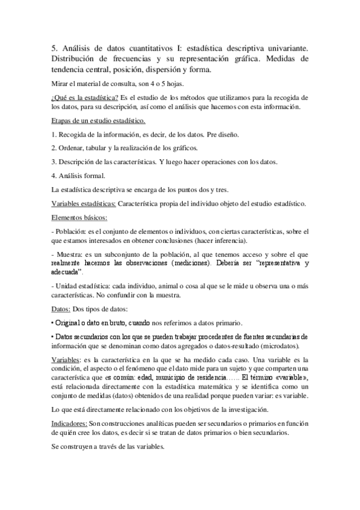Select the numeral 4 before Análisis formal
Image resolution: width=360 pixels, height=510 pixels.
coord(53,176)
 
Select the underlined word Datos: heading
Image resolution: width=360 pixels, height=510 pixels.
coord(63,309)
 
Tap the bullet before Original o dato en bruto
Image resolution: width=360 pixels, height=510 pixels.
coord(53,323)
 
